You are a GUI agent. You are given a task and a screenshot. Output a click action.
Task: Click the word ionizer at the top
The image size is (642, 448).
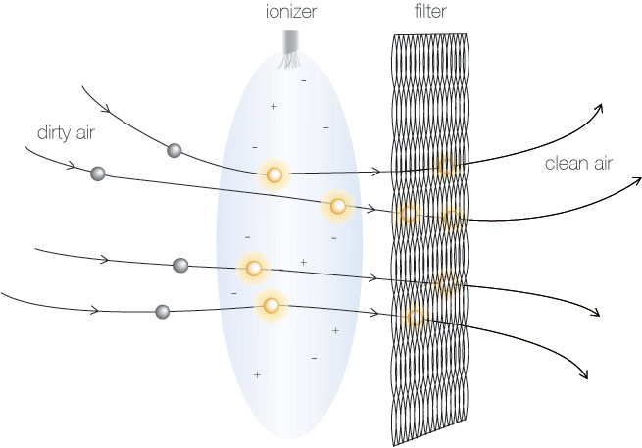point(291,12)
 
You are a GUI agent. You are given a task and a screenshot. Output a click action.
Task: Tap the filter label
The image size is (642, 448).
point(430,11)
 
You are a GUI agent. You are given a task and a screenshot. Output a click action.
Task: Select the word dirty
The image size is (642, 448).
point(53,133)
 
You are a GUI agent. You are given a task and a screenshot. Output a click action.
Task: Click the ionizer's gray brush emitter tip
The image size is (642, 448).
point(290,49)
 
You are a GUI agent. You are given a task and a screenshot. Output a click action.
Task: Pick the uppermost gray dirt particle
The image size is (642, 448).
point(174,150)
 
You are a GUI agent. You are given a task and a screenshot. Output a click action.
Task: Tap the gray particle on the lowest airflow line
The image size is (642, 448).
point(163,312)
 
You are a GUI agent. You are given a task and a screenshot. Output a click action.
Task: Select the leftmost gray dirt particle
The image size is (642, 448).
point(98,174)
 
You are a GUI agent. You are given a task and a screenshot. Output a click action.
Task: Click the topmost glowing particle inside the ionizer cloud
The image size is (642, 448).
point(273,174)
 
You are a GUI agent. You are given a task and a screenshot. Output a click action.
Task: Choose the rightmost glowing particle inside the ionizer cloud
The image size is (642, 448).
point(338,206)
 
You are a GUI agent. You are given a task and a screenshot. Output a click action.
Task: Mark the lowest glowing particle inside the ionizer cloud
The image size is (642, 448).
point(271,305)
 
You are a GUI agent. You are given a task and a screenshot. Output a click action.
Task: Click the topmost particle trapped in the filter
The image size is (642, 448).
point(445,166)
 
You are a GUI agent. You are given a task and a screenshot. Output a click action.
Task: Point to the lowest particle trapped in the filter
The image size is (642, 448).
point(416,318)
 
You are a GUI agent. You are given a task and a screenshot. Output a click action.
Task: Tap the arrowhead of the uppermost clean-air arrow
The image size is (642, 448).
point(599,109)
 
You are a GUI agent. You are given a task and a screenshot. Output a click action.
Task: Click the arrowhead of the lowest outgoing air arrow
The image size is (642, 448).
point(584,373)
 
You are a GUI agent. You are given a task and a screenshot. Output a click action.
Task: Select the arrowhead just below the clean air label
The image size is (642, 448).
point(636,181)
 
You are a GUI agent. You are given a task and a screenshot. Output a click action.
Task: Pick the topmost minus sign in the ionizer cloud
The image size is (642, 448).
point(304,81)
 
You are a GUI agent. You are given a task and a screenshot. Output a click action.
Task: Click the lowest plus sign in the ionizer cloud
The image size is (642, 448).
point(257,374)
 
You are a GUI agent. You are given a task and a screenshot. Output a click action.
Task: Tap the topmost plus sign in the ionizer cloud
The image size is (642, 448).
point(273,107)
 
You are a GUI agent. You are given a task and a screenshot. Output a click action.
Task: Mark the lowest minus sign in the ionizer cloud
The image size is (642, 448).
point(314,359)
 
